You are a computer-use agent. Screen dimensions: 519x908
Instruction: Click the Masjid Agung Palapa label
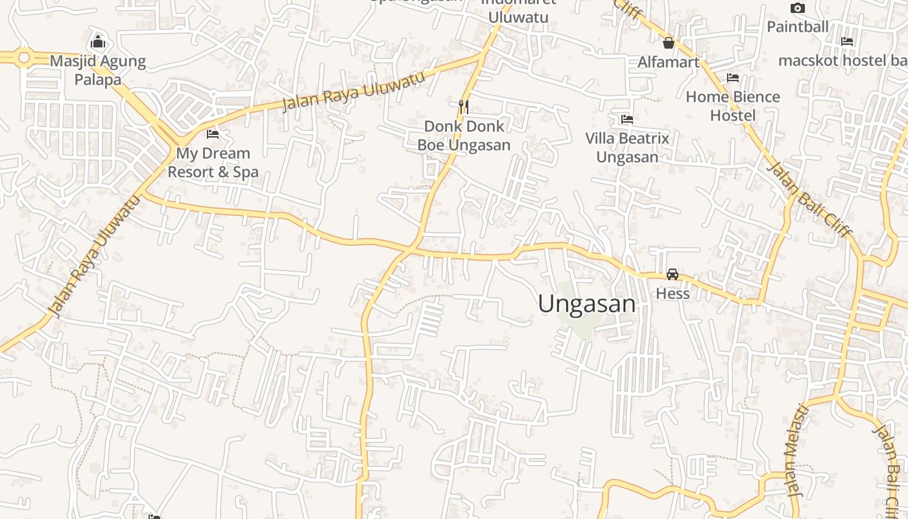point(98,70)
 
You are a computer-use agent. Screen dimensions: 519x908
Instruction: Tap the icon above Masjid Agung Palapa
point(98,42)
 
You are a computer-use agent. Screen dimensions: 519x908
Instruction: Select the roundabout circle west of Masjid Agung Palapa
point(25,58)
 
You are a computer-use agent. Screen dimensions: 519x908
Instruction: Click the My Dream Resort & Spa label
point(213,163)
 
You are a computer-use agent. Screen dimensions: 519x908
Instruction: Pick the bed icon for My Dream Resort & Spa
point(213,134)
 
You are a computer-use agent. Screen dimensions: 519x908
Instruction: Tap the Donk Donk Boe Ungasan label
point(464,136)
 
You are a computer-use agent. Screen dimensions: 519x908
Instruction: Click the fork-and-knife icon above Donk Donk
point(464,106)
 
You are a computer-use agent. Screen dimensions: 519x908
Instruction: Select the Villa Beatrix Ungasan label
point(627,148)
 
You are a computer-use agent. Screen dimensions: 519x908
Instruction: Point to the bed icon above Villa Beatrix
point(627,119)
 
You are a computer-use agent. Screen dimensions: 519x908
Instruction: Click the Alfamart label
point(669,62)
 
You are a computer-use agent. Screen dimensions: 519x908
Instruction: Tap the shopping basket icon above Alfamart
point(669,43)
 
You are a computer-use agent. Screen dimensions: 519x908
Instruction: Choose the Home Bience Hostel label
point(733,106)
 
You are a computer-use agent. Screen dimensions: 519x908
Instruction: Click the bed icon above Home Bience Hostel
point(733,78)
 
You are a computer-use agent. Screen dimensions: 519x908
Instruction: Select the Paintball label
point(798,27)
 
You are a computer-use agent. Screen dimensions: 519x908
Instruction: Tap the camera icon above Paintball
point(798,8)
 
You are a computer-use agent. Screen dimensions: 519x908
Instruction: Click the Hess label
point(673,293)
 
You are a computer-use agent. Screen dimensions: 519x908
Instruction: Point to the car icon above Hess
point(673,274)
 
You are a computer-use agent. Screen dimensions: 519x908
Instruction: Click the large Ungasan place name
point(586,304)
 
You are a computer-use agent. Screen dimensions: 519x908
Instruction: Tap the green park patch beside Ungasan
point(579,324)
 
